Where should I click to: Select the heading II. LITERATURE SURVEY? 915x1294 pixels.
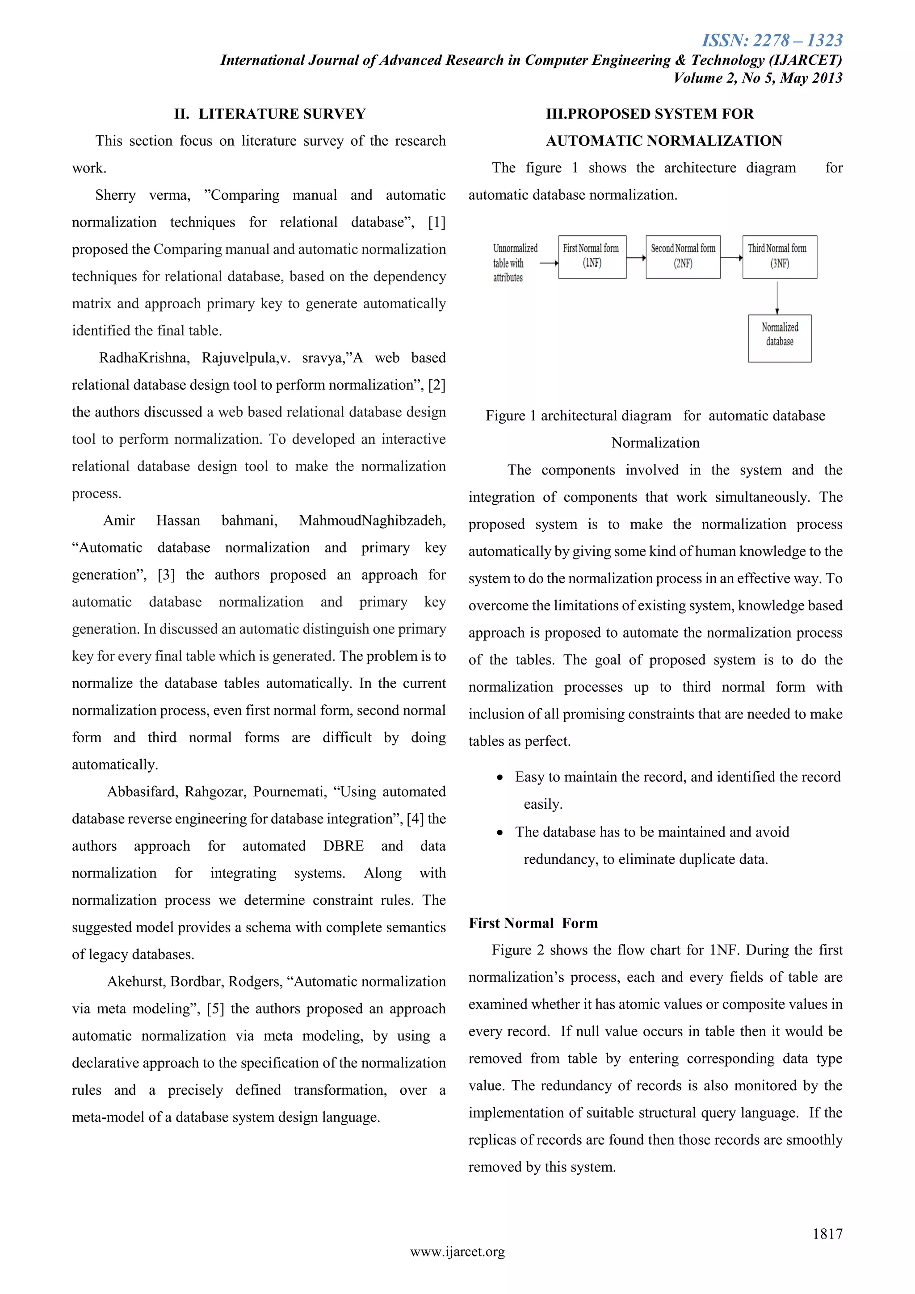click(270, 114)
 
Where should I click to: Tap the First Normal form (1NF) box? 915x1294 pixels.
click(592, 256)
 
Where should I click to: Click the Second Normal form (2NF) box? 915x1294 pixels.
click(683, 256)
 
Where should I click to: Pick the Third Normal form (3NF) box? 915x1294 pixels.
click(779, 256)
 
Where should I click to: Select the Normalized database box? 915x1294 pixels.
click(779, 338)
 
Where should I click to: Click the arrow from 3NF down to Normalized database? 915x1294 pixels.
click(777, 297)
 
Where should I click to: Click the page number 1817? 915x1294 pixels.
click(827, 1234)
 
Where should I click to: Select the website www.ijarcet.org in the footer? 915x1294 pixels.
click(457, 1252)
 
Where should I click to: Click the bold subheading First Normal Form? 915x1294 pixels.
click(533, 923)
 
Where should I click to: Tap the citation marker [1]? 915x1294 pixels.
click(437, 222)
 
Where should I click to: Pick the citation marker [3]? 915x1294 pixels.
click(166, 575)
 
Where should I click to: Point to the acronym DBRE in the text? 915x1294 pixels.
click(343, 846)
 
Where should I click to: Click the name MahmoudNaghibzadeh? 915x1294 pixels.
click(372, 520)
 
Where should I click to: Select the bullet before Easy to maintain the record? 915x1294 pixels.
click(500, 778)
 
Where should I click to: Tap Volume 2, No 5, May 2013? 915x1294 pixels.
click(758, 78)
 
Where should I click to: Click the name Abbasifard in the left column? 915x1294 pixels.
click(142, 792)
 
